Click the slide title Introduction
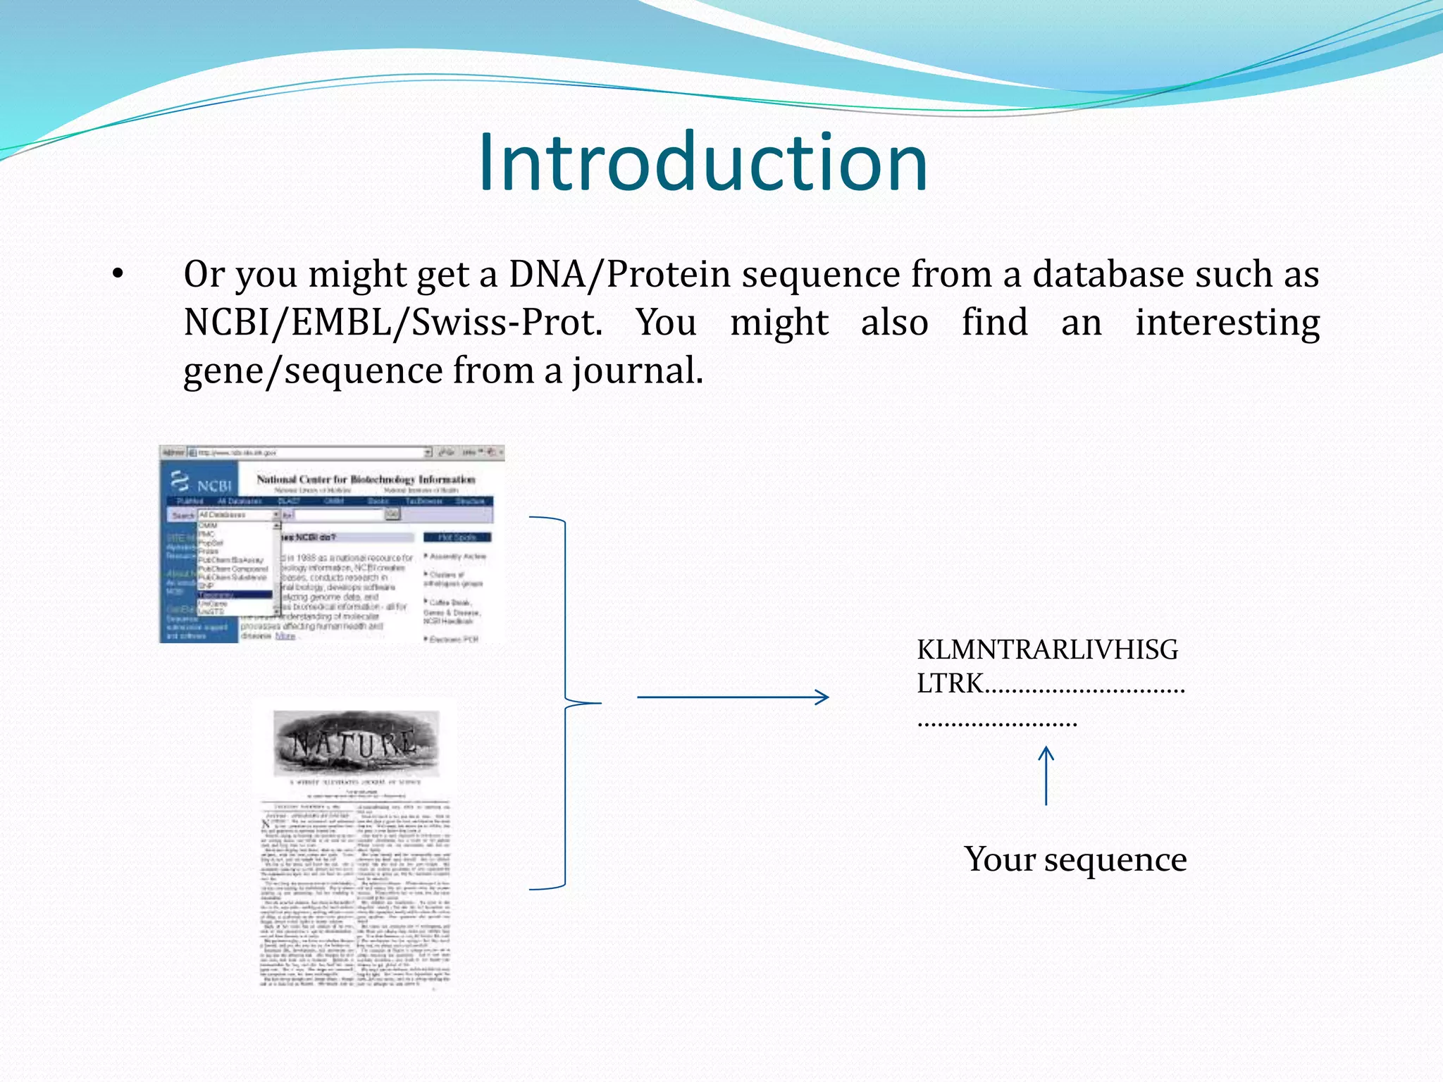(x=702, y=163)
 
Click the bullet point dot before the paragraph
(x=118, y=275)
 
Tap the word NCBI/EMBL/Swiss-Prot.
(x=392, y=323)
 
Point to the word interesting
(x=1227, y=323)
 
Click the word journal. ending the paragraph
(x=637, y=371)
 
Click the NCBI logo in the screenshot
(x=202, y=483)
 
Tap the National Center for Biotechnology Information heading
(x=366, y=479)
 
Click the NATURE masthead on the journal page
(x=355, y=743)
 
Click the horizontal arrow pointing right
(x=733, y=697)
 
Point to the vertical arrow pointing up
(x=1046, y=776)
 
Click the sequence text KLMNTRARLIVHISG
(x=1047, y=649)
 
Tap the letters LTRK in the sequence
(x=949, y=683)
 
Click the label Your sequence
(x=1075, y=859)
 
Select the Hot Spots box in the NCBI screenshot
(x=457, y=537)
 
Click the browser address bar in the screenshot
(x=310, y=452)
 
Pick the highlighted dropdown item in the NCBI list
(x=235, y=595)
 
